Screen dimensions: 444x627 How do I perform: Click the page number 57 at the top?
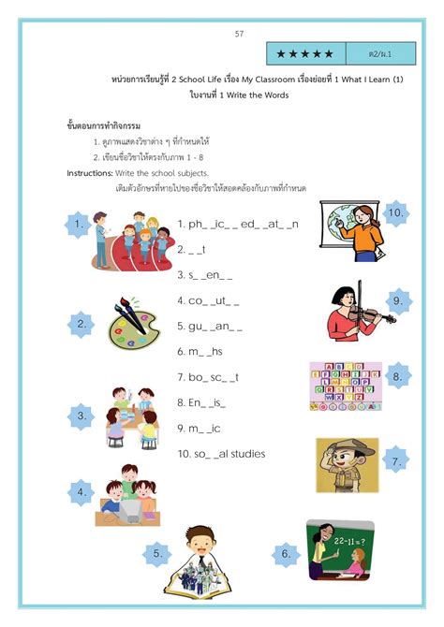pos(239,34)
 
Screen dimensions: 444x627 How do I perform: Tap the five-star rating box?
pos(304,52)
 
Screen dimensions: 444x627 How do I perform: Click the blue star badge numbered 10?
pos(395,213)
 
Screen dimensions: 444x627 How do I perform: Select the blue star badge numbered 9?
pos(397,300)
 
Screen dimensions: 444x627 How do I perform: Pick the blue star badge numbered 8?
pos(397,376)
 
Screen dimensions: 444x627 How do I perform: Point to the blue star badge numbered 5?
pos(156,554)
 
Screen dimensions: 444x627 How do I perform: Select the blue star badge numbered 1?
pos(80,225)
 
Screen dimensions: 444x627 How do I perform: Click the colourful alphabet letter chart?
pos(345,386)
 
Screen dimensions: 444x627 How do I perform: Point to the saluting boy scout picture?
pos(347,465)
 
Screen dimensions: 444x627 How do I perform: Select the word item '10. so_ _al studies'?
pos(221,454)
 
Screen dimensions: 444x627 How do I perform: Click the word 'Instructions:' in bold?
pos(89,174)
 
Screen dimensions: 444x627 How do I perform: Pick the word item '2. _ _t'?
pos(191,250)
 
